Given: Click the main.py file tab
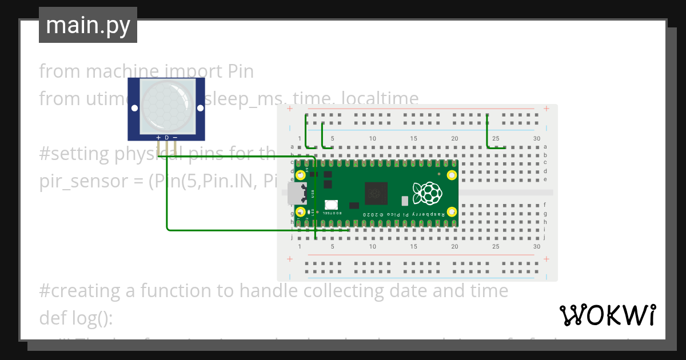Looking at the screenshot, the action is coord(88,26).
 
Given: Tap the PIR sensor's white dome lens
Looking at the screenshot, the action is coord(166,104).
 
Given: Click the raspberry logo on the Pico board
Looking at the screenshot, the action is coord(427,193).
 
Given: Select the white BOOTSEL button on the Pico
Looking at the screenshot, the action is coord(330,205).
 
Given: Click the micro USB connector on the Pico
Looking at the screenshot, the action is coord(297,194).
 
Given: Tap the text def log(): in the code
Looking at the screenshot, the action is coord(77,317).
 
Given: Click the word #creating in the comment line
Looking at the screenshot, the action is coord(80,291).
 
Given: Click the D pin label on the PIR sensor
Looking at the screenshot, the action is coord(166,138).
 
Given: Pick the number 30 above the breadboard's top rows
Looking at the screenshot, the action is coord(536,139).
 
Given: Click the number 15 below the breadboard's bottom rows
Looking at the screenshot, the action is coord(413,246).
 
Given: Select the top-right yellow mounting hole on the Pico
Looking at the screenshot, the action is coord(451,175).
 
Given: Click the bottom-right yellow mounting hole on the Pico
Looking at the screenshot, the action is coord(451,212).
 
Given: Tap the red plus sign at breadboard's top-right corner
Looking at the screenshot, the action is coord(547,109).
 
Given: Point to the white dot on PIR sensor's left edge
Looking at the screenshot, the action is coord(134,107).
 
